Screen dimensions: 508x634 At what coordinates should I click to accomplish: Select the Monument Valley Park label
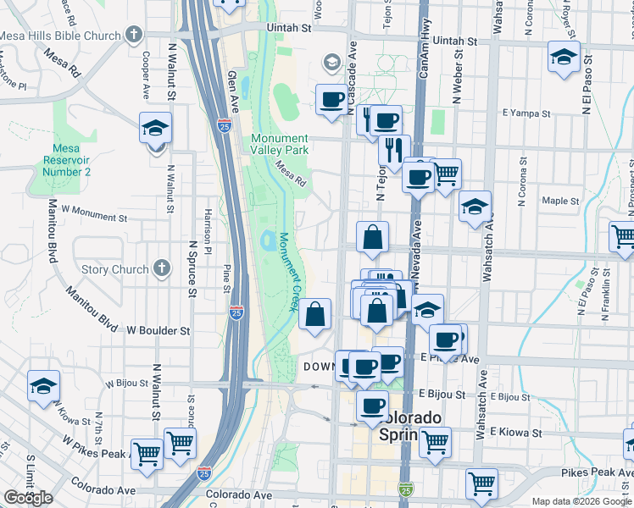click(279, 144)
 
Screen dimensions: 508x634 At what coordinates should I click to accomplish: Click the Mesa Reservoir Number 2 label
click(66, 160)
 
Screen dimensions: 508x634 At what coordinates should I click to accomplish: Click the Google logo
click(28, 498)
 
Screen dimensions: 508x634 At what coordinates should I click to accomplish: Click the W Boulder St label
click(159, 331)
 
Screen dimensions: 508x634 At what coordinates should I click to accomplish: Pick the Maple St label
click(560, 202)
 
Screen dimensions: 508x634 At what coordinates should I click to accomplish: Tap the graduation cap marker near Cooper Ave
click(156, 129)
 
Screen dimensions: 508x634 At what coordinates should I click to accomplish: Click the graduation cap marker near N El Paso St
click(564, 58)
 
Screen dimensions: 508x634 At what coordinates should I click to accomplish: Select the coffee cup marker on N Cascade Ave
click(331, 99)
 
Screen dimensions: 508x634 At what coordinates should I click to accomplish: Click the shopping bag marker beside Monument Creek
click(314, 314)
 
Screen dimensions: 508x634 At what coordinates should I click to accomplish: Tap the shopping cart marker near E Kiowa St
click(435, 440)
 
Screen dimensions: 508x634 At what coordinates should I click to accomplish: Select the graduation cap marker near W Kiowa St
click(43, 386)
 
